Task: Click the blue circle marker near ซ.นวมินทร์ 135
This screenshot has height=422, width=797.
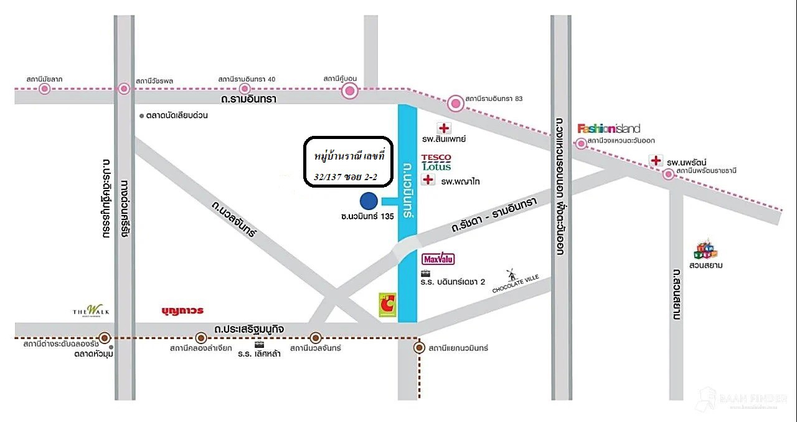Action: (x=369, y=201)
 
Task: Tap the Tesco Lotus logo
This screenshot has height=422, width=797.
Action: (x=436, y=163)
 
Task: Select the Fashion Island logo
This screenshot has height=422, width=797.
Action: (x=608, y=128)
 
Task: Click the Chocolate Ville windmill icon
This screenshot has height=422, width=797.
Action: (x=512, y=276)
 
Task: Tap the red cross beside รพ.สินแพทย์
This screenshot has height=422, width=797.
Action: (x=444, y=128)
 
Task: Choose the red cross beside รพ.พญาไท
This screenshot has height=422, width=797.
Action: (x=428, y=180)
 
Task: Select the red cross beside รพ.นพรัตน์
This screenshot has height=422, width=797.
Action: (x=656, y=161)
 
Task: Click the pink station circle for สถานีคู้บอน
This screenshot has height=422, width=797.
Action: (x=351, y=92)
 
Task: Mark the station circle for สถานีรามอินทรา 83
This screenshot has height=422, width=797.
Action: (x=456, y=103)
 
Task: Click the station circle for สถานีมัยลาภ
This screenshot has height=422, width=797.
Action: (x=44, y=89)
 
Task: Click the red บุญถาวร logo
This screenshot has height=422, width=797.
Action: (x=182, y=310)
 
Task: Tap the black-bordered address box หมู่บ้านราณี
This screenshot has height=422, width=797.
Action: (x=349, y=161)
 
